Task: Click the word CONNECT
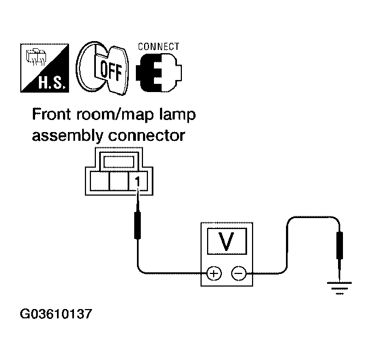coord(158,47)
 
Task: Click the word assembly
coord(62,135)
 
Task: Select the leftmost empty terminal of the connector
coord(99,181)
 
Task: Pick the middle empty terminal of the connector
coord(119,181)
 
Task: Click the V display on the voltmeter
coord(226,241)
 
